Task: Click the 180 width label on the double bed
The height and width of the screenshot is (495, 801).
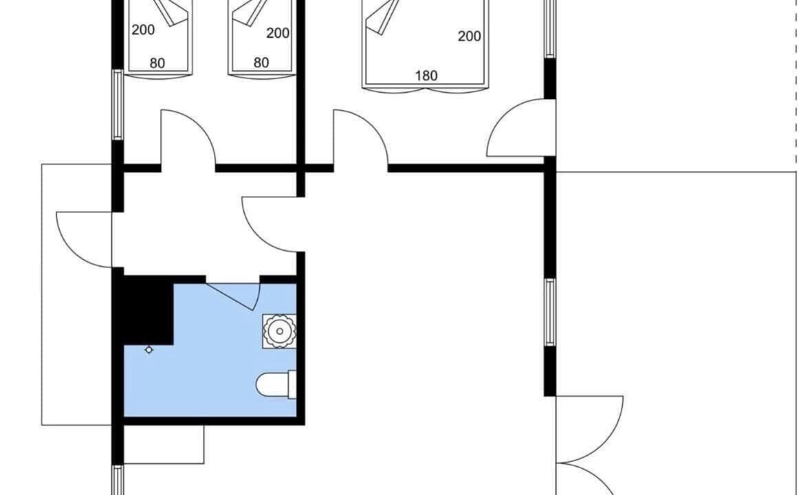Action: click(426, 76)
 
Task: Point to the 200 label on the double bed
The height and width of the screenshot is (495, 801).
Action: click(469, 36)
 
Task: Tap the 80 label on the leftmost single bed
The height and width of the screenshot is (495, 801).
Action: click(157, 63)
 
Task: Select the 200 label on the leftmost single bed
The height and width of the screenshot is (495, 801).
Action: click(143, 30)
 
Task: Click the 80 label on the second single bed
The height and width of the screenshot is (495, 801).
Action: click(261, 63)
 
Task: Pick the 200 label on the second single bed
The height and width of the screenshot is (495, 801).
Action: click(278, 33)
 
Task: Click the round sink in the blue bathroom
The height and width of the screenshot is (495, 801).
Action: click(279, 331)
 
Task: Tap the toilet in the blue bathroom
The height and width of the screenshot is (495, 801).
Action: click(276, 385)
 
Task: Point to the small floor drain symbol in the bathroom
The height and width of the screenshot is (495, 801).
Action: click(149, 350)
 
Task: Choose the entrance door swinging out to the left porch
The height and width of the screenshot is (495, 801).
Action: click(84, 239)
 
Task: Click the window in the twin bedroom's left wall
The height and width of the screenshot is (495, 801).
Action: click(118, 104)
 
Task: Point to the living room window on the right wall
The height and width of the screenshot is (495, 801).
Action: click(549, 312)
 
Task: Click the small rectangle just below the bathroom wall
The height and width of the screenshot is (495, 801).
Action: click(164, 444)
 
